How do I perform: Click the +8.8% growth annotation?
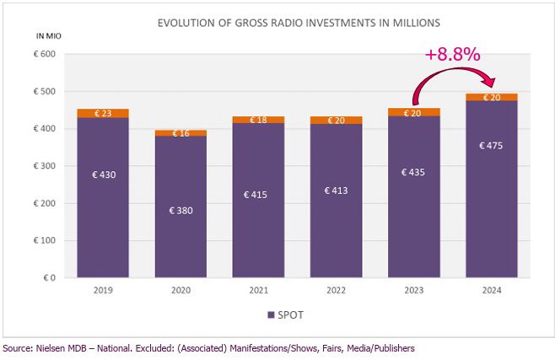453,54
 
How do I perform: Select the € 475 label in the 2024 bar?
491,145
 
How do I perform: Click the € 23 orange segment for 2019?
103,113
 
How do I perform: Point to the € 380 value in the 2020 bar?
181,211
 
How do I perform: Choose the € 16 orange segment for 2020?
181,133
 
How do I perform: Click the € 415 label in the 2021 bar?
256,195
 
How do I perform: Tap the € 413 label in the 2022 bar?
336,191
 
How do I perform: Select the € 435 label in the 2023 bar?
413,172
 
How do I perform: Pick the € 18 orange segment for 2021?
258,120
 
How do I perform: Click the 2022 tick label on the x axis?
336,290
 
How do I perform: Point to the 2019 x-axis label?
103,290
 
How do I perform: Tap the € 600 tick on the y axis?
45,54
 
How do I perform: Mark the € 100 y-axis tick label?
45,240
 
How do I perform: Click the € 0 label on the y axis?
50,278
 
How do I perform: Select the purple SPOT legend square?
271,314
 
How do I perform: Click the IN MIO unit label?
49,35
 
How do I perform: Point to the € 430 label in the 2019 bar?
104,175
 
